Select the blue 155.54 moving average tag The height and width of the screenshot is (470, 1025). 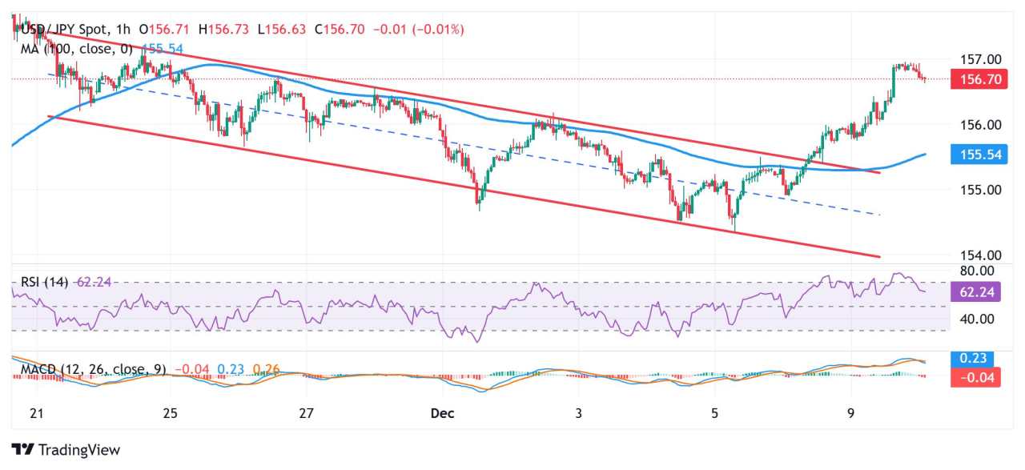[x=974, y=155]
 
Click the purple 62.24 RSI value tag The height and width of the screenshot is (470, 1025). [x=975, y=292]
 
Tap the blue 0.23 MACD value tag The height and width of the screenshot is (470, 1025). [x=975, y=359]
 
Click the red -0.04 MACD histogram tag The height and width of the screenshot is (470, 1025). [x=975, y=376]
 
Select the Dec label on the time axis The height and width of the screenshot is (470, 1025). [x=442, y=413]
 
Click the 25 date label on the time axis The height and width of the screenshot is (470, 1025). [x=170, y=413]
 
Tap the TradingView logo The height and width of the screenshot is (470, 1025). [x=66, y=450]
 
